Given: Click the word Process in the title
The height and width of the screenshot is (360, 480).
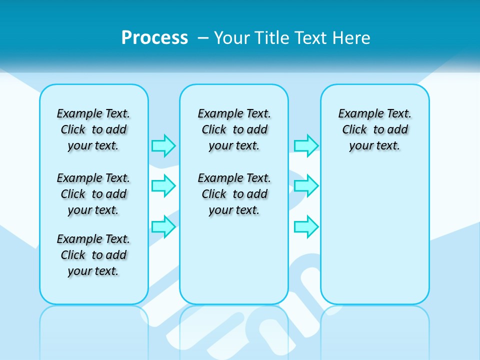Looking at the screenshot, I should (154, 38).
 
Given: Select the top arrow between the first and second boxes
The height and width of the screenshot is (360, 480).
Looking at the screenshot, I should (163, 145).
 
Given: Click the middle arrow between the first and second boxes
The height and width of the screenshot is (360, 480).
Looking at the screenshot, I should (163, 186).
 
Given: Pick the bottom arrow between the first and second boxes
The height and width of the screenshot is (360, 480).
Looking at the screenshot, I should (163, 226).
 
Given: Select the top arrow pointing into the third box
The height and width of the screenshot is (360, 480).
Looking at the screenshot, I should (306, 145).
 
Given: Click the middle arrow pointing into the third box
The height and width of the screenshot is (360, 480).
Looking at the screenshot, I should (306, 186).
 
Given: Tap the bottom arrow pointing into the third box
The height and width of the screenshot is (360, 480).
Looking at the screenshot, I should (306, 226).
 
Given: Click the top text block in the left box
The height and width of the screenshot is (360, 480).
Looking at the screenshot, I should (93, 129).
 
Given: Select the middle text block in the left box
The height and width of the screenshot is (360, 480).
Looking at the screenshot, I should (93, 194).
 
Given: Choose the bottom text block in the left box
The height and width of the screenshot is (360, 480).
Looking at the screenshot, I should (93, 255).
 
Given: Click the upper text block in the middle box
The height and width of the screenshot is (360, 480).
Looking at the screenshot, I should (234, 129).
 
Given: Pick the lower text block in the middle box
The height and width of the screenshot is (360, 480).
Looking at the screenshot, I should (234, 194).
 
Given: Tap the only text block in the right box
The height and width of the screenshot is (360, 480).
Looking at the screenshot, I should (375, 129).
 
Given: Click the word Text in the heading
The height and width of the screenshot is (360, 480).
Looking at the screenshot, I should (312, 38).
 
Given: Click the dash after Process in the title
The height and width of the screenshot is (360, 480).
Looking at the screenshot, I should (203, 38).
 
